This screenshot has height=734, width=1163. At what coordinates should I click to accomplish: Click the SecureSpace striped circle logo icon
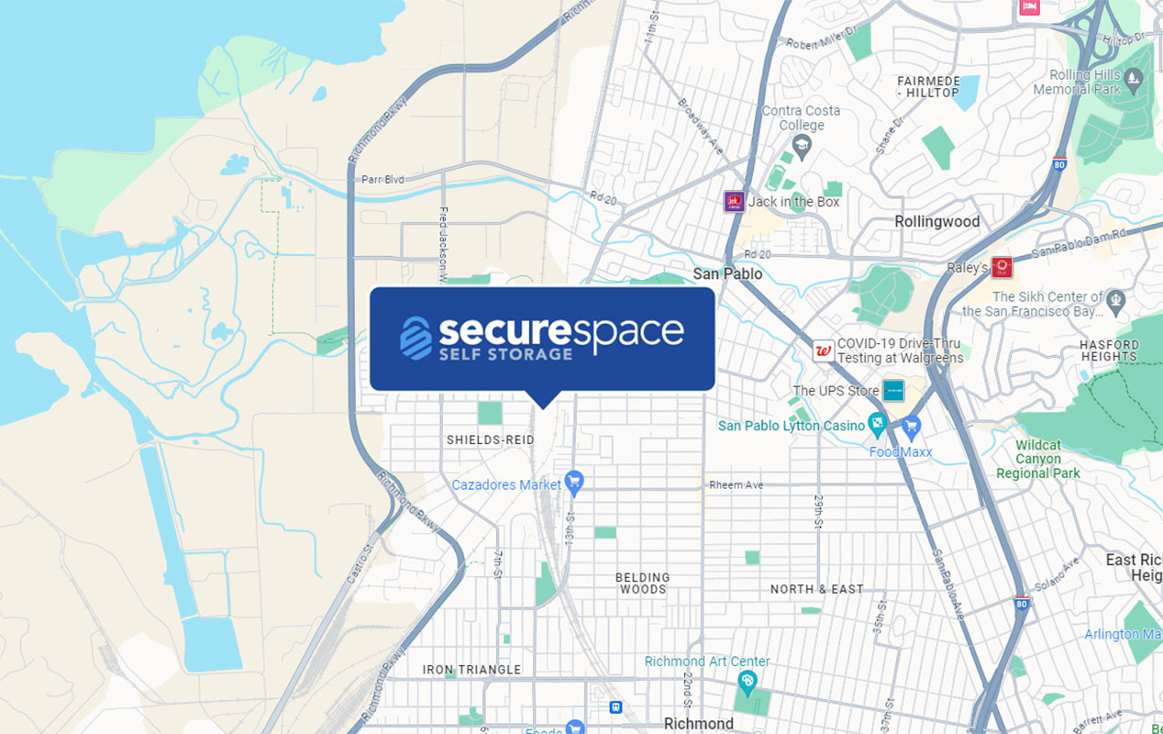coord(415,338)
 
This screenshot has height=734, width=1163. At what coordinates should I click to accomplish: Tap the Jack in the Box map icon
coord(733,202)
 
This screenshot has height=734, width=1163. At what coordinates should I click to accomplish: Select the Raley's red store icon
coord(1002,267)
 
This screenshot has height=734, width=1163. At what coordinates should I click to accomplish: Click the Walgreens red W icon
coord(823,350)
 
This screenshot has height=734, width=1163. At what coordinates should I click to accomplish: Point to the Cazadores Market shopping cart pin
coord(574,481)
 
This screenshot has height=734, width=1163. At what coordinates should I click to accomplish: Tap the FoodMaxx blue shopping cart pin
coord(911,427)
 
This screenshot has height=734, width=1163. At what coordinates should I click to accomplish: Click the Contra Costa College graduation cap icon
coord(802,144)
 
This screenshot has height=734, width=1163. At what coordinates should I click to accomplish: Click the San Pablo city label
coord(727,273)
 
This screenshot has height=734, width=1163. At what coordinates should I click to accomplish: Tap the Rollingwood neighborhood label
coord(937,221)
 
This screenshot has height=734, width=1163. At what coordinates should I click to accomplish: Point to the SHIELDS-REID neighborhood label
coord(490,440)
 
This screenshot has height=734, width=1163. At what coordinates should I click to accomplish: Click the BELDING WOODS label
coord(643,584)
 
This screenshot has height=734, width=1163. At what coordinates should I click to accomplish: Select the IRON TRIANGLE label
coord(471,670)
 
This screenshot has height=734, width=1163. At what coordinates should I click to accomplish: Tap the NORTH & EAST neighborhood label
coord(816,589)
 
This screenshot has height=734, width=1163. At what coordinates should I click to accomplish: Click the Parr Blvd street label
coord(382,179)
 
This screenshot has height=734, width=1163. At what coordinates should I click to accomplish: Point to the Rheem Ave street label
coord(736,485)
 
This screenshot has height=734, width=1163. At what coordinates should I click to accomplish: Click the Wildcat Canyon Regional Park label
coord(1038,459)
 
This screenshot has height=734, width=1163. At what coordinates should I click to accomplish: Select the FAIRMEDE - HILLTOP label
coord(927,87)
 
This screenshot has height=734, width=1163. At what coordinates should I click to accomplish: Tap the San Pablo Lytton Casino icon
coord(878,424)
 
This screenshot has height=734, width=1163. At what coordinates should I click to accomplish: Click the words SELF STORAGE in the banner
coord(504,354)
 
